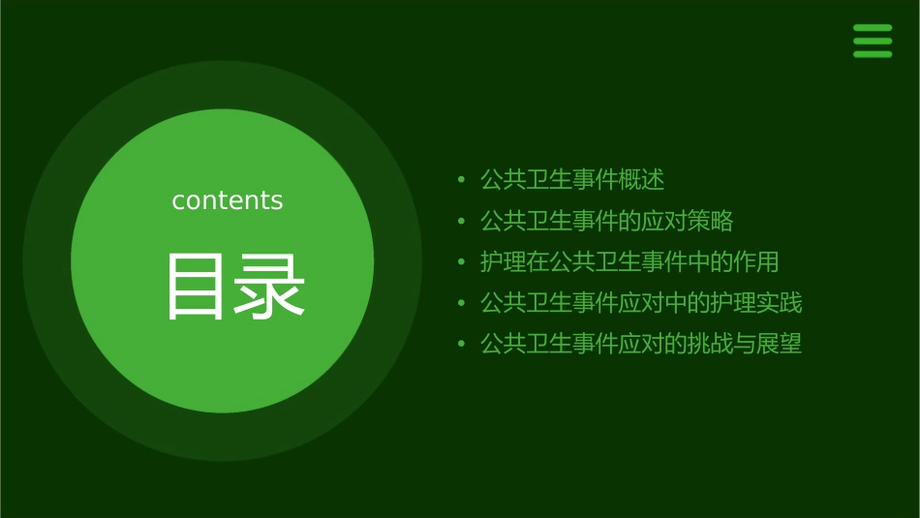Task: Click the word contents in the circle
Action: pyautogui.click(x=228, y=200)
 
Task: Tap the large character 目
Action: pyautogui.click(x=195, y=287)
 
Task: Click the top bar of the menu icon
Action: pyautogui.click(x=873, y=28)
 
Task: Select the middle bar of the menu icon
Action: pyautogui.click(x=873, y=41)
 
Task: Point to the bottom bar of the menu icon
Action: pyautogui.click(x=873, y=54)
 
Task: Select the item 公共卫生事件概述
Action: pyautogui.click(x=572, y=180)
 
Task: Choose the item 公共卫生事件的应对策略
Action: pyautogui.click(x=607, y=221)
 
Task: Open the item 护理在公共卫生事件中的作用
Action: pyautogui.click(x=629, y=261)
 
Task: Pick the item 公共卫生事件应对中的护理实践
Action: pyautogui.click(x=641, y=302)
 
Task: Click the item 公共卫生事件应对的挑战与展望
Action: pyautogui.click(x=641, y=344)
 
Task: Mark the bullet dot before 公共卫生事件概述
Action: pyautogui.click(x=461, y=181)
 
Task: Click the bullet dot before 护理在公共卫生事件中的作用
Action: pyautogui.click(x=461, y=262)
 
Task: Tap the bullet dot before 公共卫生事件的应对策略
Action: pyautogui.click(x=461, y=222)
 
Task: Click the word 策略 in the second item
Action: pyautogui.click(x=711, y=221)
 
